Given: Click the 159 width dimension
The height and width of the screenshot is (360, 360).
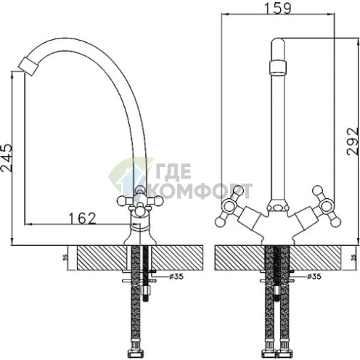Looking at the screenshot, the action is (278, 9).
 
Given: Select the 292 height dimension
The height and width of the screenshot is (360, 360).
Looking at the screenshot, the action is (352, 142).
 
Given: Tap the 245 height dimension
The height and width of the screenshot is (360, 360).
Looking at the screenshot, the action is (7, 158).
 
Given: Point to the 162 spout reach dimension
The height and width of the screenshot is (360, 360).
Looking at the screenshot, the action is (83, 218).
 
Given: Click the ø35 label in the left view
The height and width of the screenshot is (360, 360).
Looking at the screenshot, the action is (176, 277).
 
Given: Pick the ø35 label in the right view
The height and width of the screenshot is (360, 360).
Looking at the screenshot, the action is (314, 277).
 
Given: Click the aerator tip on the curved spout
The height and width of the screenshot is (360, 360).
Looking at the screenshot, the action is (28, 66).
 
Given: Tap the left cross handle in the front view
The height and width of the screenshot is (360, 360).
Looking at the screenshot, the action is (229, 206).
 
